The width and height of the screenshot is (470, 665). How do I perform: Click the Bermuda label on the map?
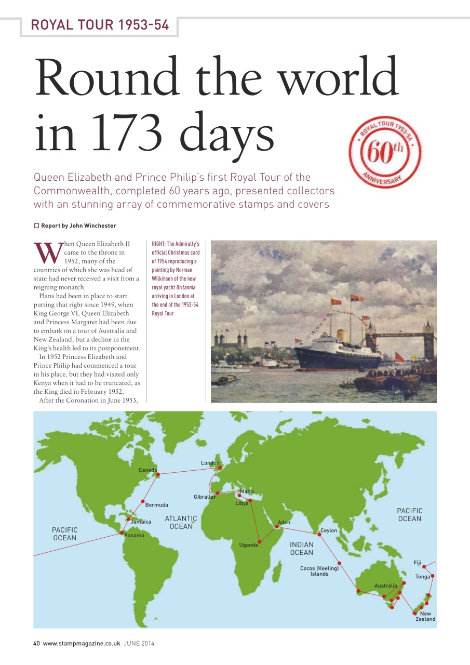click(x=156, y=505)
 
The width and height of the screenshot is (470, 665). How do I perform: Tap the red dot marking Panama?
click(x=122, y=533)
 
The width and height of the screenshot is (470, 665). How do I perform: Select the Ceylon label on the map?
click(x=328, y=530)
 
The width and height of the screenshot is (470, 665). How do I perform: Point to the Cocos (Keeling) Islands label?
click(x=319, y=571)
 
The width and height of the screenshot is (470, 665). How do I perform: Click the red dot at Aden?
click(x=278, y=527)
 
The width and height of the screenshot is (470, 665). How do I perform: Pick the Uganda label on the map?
click(x=248, y=545)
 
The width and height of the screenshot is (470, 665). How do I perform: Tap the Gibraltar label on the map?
click(x=205, y=497)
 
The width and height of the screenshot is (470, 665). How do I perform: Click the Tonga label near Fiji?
click(x=422, y=577)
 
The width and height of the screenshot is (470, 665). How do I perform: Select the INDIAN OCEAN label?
click(x=301, y=548)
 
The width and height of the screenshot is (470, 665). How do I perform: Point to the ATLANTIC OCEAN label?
click(x=181, y=522)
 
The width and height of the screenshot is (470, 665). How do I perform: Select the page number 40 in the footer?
click(x=36, y=643)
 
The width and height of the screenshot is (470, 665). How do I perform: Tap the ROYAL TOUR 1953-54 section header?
click(x=100, y=24)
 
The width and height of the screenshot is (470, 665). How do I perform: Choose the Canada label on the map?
click(x=147, y=470)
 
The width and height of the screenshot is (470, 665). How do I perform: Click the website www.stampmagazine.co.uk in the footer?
click(x=82, y=643)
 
